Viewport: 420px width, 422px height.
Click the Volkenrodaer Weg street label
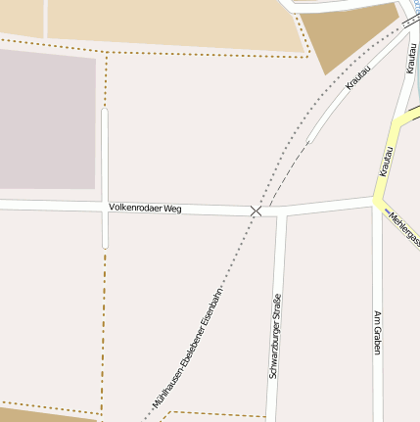145,209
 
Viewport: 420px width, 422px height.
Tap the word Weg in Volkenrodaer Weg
172,209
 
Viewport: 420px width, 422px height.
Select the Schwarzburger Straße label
275,334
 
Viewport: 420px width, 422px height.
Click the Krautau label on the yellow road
386,162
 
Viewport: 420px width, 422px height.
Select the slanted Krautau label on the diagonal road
359,78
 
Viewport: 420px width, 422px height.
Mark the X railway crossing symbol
256,211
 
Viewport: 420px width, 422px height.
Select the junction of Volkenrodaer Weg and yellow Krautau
376,200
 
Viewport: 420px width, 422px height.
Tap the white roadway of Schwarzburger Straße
276,392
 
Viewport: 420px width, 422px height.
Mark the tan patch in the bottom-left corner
39,416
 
